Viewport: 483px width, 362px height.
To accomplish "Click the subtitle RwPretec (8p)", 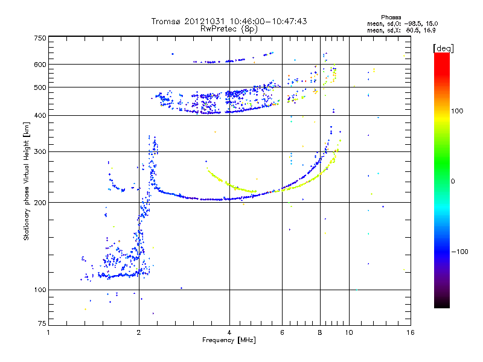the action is tap(229, 29).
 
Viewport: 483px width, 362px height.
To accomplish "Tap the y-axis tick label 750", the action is tap(40, 38).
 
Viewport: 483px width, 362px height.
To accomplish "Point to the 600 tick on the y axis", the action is tap(40, 65).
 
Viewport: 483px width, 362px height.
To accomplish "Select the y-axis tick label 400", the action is tap(40, 115).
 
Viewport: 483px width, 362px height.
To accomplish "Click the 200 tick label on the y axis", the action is tap(40, 203).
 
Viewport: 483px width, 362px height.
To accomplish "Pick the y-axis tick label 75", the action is tap(42, 323).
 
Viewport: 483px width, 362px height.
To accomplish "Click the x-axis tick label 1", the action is tap(48, 332).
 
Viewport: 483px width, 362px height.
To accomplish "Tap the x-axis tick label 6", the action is tap(282, 332).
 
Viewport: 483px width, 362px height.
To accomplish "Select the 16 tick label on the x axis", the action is tap(411, 332).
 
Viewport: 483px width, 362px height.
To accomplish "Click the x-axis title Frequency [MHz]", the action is tap(229, 340).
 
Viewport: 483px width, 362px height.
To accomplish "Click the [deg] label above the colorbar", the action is tap(443, 48).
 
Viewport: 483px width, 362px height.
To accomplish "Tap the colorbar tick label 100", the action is tap(457, 111).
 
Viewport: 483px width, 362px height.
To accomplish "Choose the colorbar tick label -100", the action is tap(459, 252).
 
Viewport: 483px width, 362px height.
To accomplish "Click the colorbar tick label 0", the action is tap(453, 181).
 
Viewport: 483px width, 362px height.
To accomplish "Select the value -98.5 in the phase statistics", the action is tap(413, 24).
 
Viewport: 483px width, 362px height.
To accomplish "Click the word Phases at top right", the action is tap(391, 17).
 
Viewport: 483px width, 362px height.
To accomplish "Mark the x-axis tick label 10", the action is tap(349, 332).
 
